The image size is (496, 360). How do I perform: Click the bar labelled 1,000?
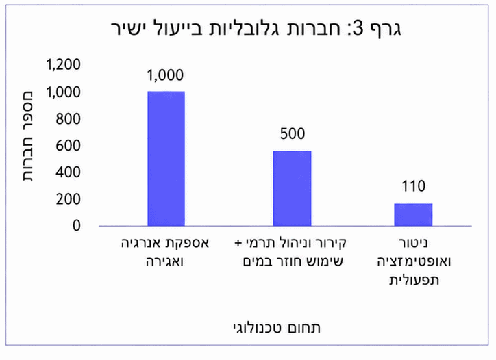[166, 159]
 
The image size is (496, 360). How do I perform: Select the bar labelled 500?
[292, 188]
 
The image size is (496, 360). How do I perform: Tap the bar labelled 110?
[413, 215]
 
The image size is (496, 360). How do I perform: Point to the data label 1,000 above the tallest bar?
[165, 75]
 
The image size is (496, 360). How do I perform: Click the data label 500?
[293, 133]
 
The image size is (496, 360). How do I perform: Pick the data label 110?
[413, 186]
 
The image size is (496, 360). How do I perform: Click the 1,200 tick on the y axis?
[63, 64]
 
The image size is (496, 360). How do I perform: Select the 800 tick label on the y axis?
[68, 119]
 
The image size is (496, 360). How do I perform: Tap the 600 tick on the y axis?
[68, 146]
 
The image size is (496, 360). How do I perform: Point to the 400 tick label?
[68, 172]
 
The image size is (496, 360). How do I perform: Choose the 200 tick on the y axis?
[68, 199]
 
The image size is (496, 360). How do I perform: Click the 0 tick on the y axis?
[77, 226]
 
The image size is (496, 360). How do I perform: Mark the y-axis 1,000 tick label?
[63, 92]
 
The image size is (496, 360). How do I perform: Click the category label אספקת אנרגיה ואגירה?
[165, 253]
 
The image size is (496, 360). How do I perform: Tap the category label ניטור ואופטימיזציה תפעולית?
[414, 261]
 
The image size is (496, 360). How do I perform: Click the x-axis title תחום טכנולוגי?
[277, 328]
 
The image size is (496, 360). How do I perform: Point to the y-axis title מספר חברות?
[28, 137]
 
